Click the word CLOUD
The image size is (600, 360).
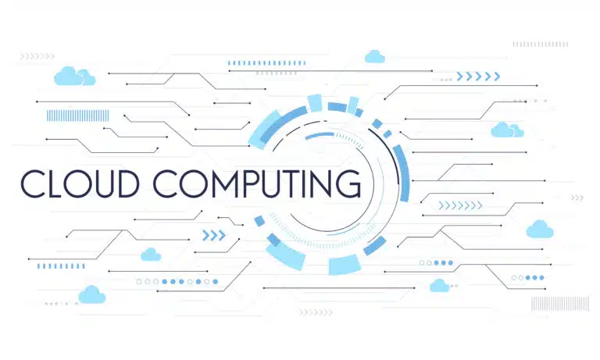click(80, 184)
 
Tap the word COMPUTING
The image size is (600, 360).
click(257, 184)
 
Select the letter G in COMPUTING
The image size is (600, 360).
click(348, 184)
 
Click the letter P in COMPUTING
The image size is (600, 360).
click(249, 184)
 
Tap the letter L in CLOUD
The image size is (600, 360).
click(55, 184)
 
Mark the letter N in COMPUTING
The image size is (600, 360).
click(321, 184)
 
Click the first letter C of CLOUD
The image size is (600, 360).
click(33, 184)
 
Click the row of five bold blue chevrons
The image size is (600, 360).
click(478, 77)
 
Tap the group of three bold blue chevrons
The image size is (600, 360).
click(214, 235)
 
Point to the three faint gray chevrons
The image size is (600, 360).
click(577, 198)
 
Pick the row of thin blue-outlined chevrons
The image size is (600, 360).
click(460, 206)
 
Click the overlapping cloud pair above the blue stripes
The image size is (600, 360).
click(75, 76)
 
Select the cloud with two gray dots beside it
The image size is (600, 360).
click(439, 286)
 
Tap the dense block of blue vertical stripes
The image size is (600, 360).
click(77, 116)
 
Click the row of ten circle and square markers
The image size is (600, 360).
click(177, 282)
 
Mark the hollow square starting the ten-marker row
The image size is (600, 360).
click(139, 282)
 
